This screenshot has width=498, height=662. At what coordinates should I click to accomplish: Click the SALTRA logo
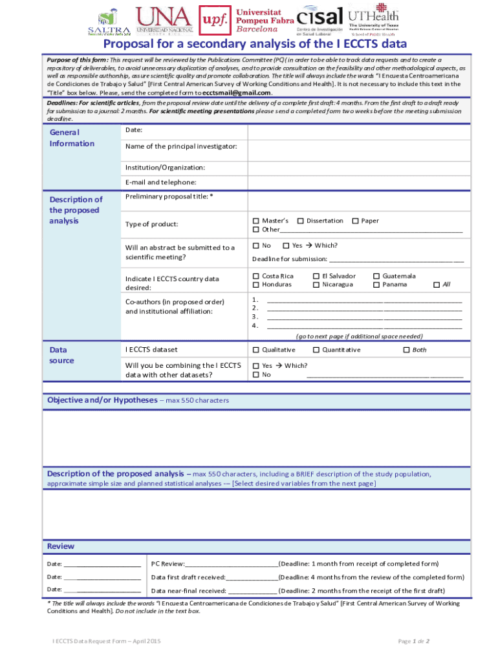[109, 22]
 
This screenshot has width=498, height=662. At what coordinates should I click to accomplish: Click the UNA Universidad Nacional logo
[164, 21]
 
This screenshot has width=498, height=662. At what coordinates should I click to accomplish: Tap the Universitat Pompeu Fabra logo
[246, 21]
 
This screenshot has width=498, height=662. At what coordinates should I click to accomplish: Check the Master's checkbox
[255, 221]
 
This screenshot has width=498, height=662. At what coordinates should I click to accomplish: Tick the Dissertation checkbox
[300, 221]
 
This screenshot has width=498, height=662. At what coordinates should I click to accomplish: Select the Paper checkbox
[355, 221]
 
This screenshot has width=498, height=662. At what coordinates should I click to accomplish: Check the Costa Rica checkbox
[255, 276]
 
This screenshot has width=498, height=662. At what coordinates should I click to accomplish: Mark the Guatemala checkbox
[376, 276]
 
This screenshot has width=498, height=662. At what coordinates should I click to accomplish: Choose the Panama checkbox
[376, 284]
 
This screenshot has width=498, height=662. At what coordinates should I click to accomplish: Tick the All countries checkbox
[436, 285]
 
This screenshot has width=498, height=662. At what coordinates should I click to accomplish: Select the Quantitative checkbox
[316, 350]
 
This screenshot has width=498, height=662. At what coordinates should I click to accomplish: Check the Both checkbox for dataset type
[406, 350]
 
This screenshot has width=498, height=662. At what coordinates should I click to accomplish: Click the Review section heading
[61, 546]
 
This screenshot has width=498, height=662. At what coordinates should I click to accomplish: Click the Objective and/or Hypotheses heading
[102, 400]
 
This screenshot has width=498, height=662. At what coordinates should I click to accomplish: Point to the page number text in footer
[414, 641]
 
